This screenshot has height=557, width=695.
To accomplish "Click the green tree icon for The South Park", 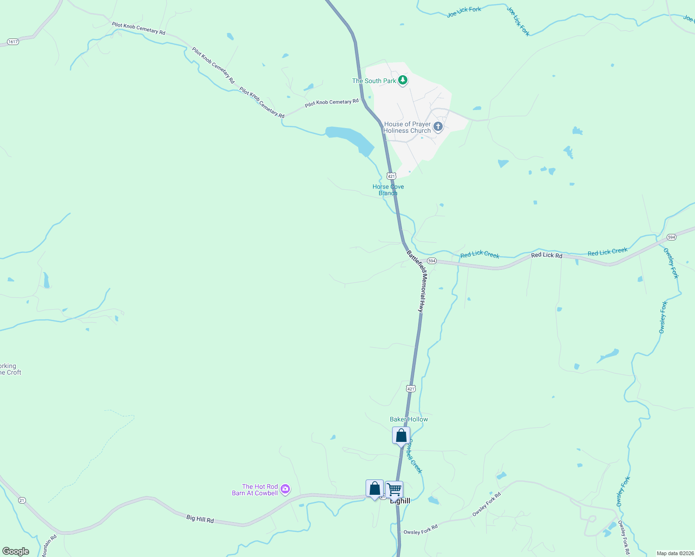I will click(x=403, y=81).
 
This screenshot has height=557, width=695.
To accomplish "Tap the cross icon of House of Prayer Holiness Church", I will click(x=438, y=127).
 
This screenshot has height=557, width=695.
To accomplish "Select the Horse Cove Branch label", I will click(x=388, y=190).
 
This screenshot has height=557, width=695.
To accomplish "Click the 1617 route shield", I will click(x=13, y=42).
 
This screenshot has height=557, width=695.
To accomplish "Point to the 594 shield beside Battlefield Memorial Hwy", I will click(x=432, y=261).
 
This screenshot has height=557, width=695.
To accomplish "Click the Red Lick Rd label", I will click(x=546, y=255).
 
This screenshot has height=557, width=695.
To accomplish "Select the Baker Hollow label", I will click(x=409, y=419).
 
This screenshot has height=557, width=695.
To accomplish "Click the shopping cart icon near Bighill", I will click(x=394, y=489).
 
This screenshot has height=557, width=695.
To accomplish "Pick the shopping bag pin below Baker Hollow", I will click(x=401, y=436).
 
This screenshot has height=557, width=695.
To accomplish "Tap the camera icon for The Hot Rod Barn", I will click(x=286, y=489).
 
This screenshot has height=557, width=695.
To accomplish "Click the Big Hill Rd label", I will click(x=200, y=518).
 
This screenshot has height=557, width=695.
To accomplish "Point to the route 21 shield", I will click(x=22, y=500).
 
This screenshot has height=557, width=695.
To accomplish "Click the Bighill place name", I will click(x=400, y=501).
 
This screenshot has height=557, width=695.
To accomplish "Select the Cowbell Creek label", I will click(x=414, y=457).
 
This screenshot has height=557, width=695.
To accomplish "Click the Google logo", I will click(x=16, y=551).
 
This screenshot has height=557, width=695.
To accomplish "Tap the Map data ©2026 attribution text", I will click(x=675, y=553).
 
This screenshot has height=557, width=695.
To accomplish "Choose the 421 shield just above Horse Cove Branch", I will click(x=391, y=176).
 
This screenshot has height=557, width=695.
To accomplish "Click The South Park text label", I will click(x=374, y=81).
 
